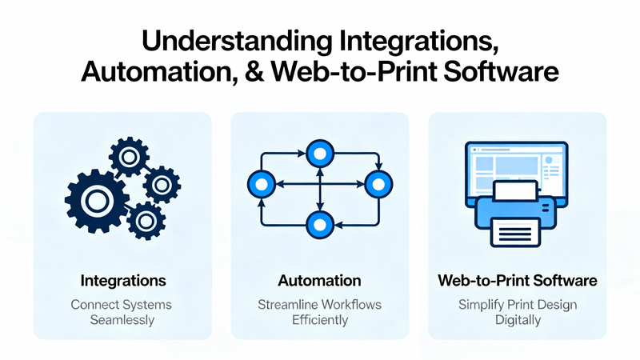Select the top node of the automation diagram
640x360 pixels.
320,152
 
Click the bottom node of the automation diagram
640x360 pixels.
320,223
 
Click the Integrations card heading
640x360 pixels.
123,281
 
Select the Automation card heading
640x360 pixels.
319,281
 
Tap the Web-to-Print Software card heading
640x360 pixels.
518,281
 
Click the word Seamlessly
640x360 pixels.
123,320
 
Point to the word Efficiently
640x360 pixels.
319,320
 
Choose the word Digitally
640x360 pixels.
518,320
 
